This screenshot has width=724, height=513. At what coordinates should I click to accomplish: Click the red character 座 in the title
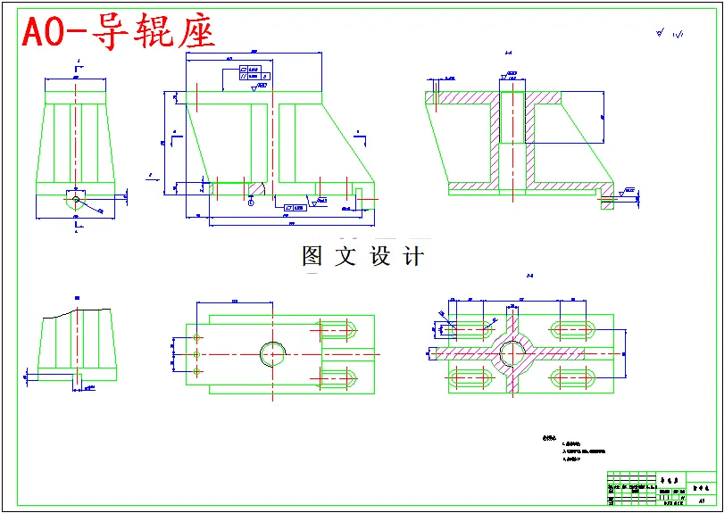196,33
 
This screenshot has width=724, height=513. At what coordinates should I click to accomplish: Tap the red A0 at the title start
42,33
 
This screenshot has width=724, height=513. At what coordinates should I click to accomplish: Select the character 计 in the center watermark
413,256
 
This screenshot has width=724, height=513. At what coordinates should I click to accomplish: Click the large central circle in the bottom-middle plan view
274,353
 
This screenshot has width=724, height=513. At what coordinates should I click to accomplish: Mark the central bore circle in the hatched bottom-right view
512,353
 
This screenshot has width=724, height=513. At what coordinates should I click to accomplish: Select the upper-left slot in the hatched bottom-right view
470,329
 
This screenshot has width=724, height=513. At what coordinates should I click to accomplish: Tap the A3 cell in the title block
702,501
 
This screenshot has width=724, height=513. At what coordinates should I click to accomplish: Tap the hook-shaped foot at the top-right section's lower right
608,198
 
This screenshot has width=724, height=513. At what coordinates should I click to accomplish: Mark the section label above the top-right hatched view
509,53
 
